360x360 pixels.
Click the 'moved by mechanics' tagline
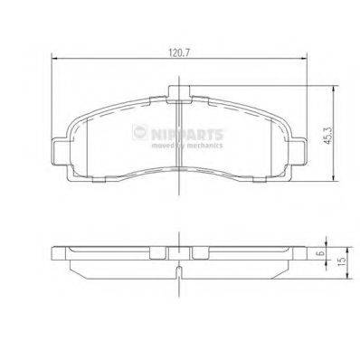coord(185,144)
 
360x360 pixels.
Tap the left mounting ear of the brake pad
coord(60,148)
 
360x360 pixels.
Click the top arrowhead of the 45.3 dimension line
coord(335,89)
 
